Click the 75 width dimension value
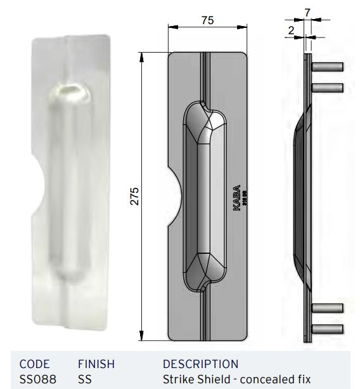tap(207, 20)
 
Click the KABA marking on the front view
tap(237, 201)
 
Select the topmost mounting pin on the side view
tap(328, 67)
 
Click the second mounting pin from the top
tap(328, 88)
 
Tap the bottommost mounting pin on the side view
tap(328, 329)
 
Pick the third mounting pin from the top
tap(328, 308)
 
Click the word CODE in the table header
tap(34, 364)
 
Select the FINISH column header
tap(96, 364)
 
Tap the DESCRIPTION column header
tap(200, 364)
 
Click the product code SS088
tap(37, 379)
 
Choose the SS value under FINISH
tap(84, 379)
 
